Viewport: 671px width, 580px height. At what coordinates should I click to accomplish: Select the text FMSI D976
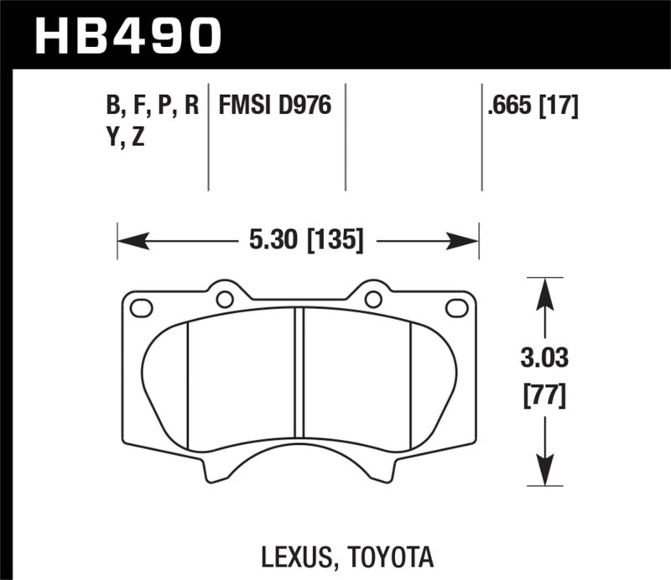point(275,107)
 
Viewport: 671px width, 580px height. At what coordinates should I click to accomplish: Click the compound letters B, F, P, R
point(152,107)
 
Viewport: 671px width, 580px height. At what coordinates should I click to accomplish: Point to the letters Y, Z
point(127,138)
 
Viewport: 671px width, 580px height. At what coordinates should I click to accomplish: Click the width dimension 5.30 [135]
point(304,243)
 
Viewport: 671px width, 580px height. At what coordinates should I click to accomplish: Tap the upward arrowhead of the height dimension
point(544,290)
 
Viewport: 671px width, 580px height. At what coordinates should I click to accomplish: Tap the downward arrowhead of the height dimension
point(544,473)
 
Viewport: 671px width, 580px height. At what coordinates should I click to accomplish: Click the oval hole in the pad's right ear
point(456,308)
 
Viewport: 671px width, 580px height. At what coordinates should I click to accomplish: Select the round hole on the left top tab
point(224,299)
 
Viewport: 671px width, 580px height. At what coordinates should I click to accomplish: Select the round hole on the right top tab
point(373,299)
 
